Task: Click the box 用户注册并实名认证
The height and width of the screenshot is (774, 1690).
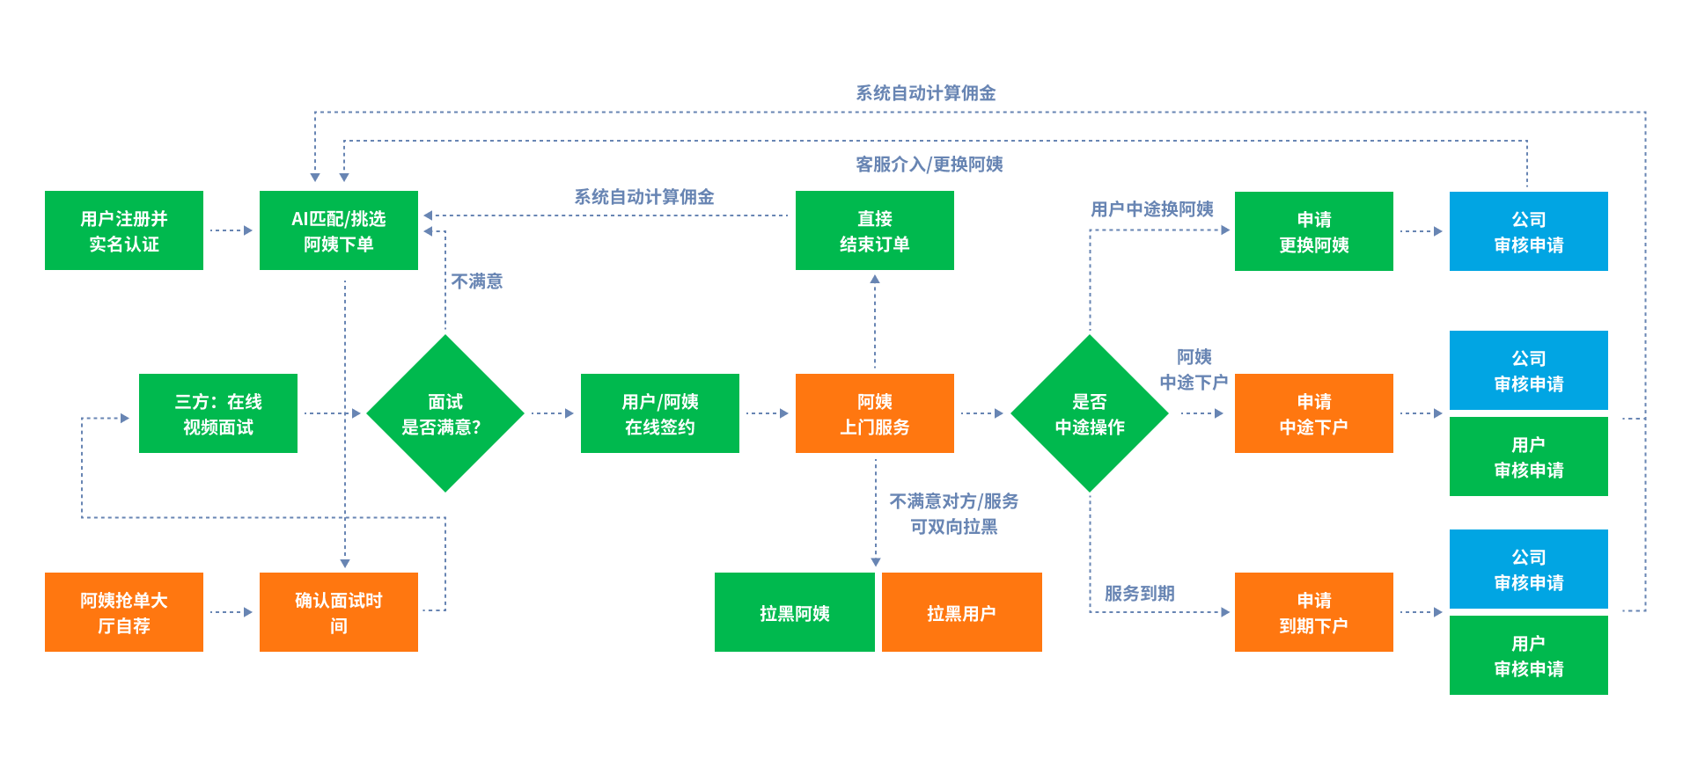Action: tap(124, 230)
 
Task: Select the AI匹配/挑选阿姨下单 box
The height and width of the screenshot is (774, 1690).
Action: tap(339, 230)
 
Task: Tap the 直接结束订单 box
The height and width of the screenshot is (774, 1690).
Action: tap(875, 230)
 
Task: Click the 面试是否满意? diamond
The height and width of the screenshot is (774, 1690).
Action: tap(445, 413)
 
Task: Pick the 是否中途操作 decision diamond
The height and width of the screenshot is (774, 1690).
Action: tap(1090, 413)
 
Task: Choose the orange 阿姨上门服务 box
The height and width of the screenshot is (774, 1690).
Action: tap(875, 413)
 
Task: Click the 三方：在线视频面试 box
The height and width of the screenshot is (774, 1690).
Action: tap(218, 413)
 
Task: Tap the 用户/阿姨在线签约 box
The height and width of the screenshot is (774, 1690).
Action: tap(660, 413)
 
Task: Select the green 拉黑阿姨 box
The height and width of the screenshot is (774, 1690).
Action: tap(794, 612)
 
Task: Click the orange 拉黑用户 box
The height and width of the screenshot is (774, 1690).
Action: tap(961, 612)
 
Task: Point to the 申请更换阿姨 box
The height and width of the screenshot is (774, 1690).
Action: tap(1314, 231)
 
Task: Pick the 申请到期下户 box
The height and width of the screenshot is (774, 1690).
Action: tap(1314, 612)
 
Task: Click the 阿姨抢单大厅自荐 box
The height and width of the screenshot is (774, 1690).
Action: tap(124, 612)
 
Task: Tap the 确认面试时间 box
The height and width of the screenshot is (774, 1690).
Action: tap(339, 612)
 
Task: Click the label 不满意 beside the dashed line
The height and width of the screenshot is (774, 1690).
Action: tap(477, 281)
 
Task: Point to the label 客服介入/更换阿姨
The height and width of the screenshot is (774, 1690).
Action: tap(929, 164)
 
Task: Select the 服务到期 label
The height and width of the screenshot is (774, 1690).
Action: tap(1140, 594)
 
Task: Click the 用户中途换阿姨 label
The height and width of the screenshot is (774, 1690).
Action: tap(1152, 209)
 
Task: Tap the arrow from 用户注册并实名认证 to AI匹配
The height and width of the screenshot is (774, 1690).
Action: tap(231, 230)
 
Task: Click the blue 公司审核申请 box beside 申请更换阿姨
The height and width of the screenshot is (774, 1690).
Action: tap(1529, 231)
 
